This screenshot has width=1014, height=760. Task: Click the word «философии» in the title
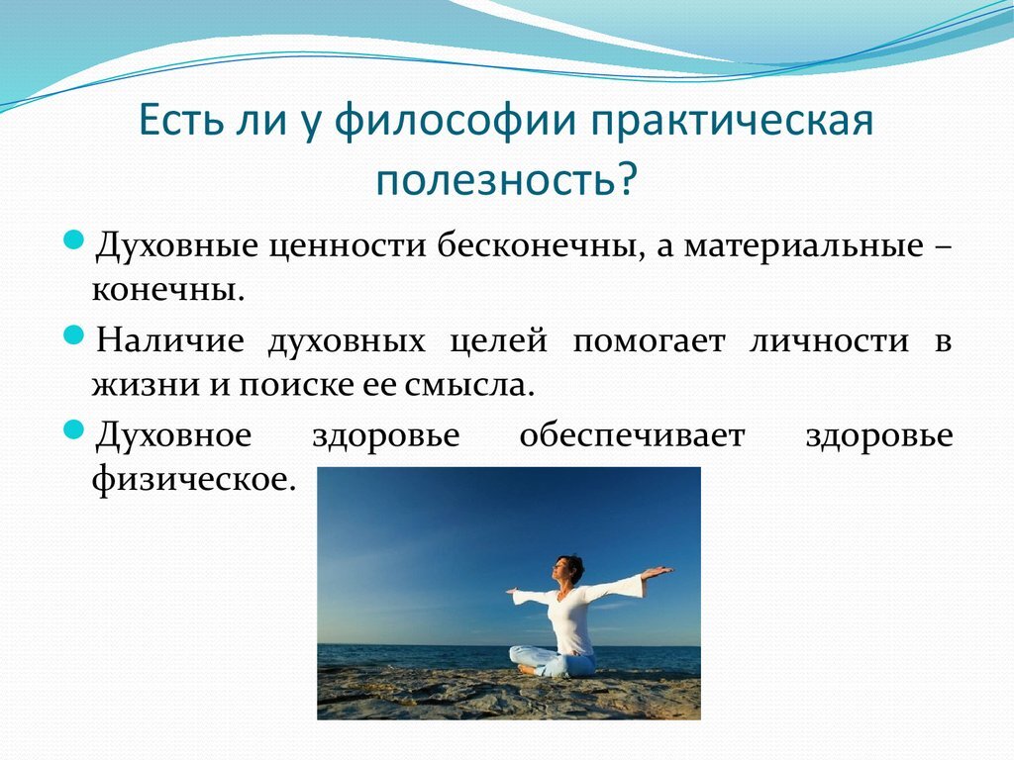pyautogui.click(x=454, y=121)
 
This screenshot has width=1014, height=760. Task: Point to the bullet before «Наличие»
pyautogui.click(x=74, y=335)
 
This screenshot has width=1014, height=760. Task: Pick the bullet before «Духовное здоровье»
pyautogui.click(x=74, y=429)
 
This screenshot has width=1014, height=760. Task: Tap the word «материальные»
pyautogui.click(x=803, y=246)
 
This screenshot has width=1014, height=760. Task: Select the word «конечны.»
pyautogui.click(x=168, y=290)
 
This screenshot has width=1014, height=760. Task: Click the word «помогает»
pyautogui.click(x=650, y=341)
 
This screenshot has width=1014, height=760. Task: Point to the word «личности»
pyautogui.click(x=829, y=341)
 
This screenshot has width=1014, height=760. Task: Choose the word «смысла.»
pyautogui.click(x=470, y=386)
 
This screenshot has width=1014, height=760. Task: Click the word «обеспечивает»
pyautogui.click(x=632, y=435)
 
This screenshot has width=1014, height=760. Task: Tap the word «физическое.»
pyautogui.click(x=194, y=480)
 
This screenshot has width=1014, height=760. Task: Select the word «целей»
pyautogui.click(x=499, y=341)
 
